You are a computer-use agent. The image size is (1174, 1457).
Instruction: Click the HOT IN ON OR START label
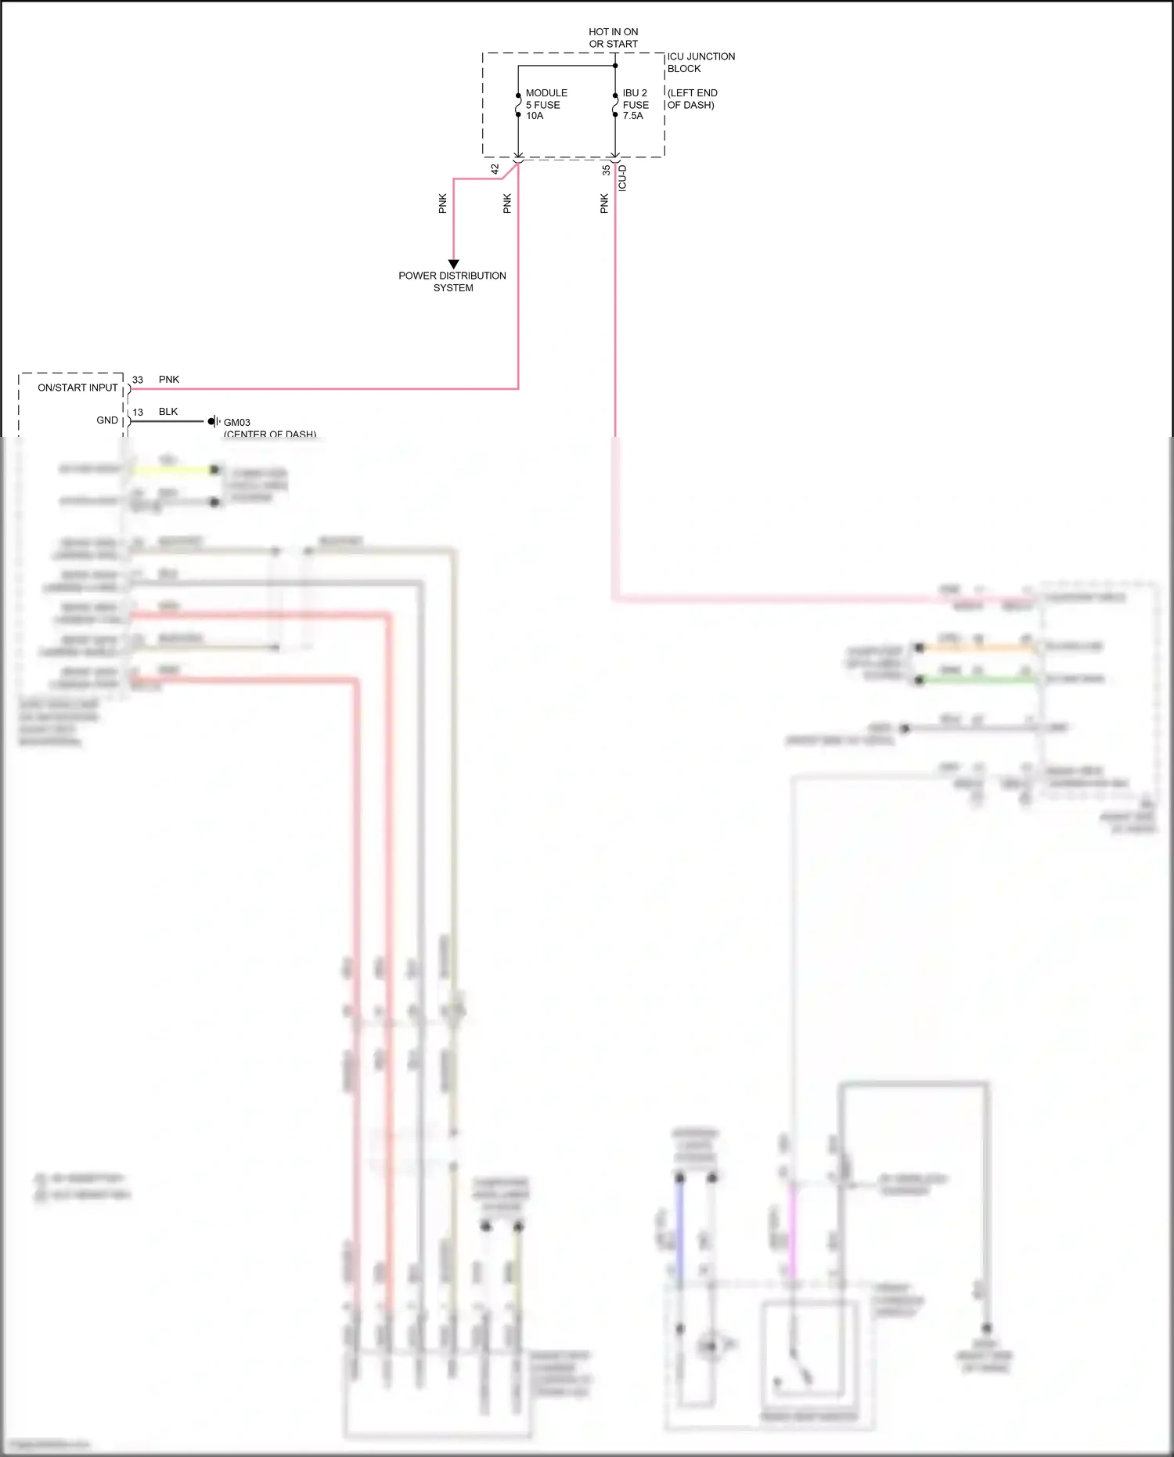pyautogui.click(x=613, y=38)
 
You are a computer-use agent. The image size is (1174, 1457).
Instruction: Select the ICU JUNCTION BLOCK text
pyautogui.click(x=700, y=63)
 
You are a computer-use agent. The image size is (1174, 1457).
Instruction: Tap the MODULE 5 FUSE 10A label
pyautogui.click(x=546, y=104)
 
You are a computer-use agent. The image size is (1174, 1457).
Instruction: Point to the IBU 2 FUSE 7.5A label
pyautogui.click(x=635, y=104)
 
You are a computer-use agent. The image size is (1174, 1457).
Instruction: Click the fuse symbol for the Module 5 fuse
pyautogui.click(x=518, y=105)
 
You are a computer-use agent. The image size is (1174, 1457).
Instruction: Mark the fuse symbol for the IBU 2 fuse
pyautogui.click(x=615, y=105)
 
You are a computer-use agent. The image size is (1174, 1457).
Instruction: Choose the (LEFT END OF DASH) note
pyautogui.click(x=692, y=99)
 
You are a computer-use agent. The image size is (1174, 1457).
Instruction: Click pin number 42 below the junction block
pyautogui.click(x=495, y=168)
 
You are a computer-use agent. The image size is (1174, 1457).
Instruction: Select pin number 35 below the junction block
pyautogui.click(x=606, y=169)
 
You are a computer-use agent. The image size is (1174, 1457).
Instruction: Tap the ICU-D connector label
pyautogui.click(x=622, y=178)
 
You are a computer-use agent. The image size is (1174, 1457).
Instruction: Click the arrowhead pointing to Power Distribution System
pyautogui.click(x=453, y=264)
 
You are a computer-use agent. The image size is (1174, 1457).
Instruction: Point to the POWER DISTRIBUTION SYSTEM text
pyautogui.click(x=452, y=282)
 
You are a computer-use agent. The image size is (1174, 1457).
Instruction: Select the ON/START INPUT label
pyautogui.click(x=77, y=388)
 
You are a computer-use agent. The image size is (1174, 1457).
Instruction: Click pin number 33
pyautogui.click(x=138, y=380)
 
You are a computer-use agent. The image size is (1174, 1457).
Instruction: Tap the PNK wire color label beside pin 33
pyautogui.click(x=169, y=380)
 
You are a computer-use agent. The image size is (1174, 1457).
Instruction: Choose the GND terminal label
pyautogui.click(x=107, y=420)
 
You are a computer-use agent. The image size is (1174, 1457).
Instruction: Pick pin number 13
pyautogui.click(x=138, y=413)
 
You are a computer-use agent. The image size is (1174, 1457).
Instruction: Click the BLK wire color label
pyautogui.click(x=168, y=412)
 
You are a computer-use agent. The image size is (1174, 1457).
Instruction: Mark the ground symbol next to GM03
pyautogui.click(x=213, y=421)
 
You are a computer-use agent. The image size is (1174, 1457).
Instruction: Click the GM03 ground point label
pyautogui.click(x=237, y=422)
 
